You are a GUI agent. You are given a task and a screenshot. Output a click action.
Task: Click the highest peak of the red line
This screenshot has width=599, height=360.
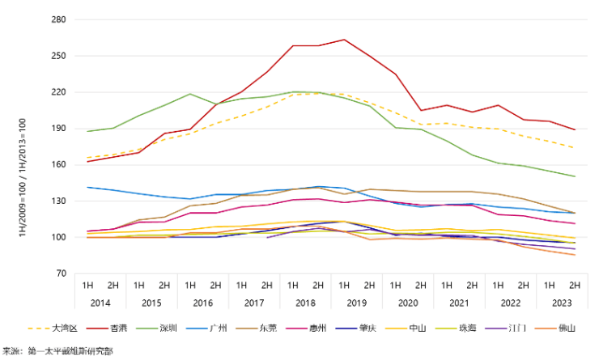(345, 39)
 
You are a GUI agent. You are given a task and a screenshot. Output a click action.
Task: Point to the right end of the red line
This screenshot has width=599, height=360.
(575, 129)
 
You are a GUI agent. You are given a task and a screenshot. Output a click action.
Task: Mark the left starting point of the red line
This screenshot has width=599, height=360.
(87, 161)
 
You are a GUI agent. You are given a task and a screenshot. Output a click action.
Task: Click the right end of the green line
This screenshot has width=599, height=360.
(575, 176)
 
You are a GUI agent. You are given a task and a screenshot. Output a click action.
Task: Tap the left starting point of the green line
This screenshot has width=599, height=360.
(87, 130)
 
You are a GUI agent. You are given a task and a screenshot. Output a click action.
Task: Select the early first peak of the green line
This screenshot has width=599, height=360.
(190, 94)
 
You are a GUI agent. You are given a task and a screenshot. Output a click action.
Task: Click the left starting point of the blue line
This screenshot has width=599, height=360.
(87, 187)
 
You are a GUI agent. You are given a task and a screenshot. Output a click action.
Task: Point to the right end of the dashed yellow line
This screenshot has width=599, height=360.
(575, 148)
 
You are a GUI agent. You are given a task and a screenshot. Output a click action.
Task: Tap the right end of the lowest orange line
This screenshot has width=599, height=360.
(575, 255)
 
